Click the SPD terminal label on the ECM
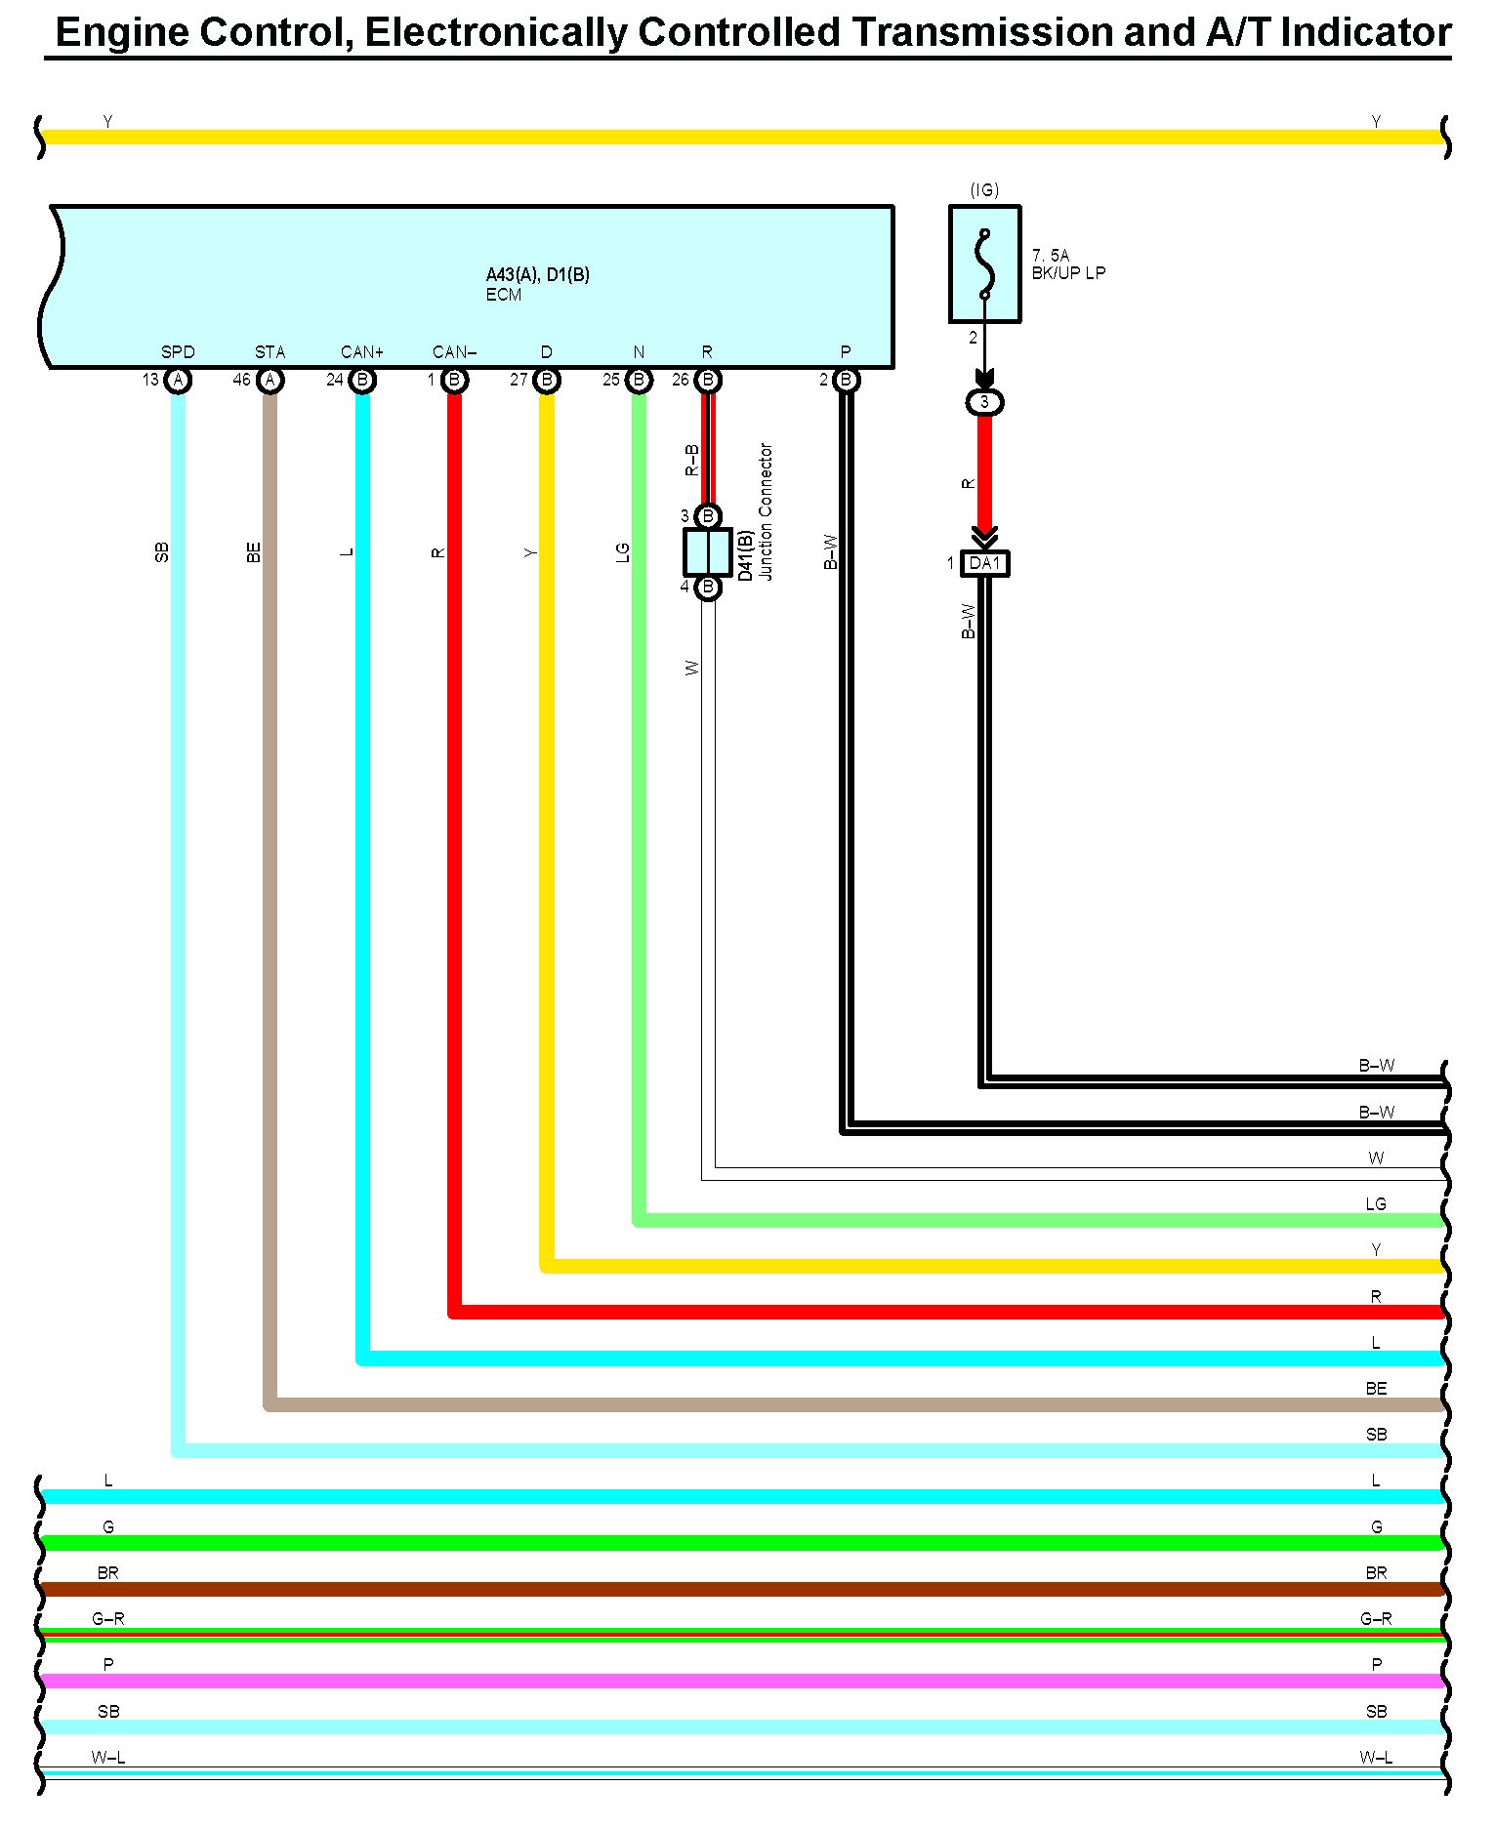pyautogui.click(x=178, y=352)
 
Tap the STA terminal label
pyautogui.click(x=270, y=352)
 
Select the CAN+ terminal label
pyautogui.click(x=362, y=352)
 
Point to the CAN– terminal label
pyautogui.click(x=454, y=352)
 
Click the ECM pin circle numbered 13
pyautogui.click(x=178, y=380)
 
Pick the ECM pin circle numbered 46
pyautogui.click(x=270, y=380)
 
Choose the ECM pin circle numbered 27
pyautogui.click(x=547, y=380)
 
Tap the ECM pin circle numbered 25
pyautogui.click(x=639, y=380)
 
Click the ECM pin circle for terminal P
pyautogui.click(x=847, y=380)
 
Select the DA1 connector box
pyautogui.click(x=984, y=563)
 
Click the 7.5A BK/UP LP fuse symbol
pyautogui.click(x=984, y=264)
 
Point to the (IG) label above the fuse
pyautogui.click(x=984, y=190)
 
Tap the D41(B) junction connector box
pyautogui.click(x=707, y=552)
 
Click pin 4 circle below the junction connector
pyautogui.click(x=708, y=588)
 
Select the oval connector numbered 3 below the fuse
pyautogui.click(x=984, y=402)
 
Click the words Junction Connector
pyautogui.click(x=767, y=511)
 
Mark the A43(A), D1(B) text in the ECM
pyautogui.click(x=537, y=275)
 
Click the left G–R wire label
pyautogui.click(x=108, y=1619)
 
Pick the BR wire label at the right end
pyautogui.click(x=1376, y=1573)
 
